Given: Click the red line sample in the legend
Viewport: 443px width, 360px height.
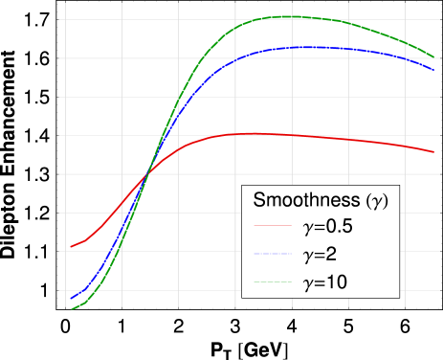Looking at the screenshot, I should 273,229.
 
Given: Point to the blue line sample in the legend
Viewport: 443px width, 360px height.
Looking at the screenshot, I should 273,256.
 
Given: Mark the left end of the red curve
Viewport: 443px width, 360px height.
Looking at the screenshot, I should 71,247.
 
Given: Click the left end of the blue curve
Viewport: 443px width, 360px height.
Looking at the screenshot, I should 71,299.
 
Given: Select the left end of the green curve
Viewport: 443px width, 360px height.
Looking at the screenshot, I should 71,308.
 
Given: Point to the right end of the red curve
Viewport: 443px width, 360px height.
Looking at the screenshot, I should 434,151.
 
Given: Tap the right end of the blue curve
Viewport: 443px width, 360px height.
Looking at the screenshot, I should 434,68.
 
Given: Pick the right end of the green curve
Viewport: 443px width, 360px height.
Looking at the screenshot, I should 434,56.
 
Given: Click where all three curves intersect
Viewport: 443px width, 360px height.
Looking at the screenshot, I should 146,173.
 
